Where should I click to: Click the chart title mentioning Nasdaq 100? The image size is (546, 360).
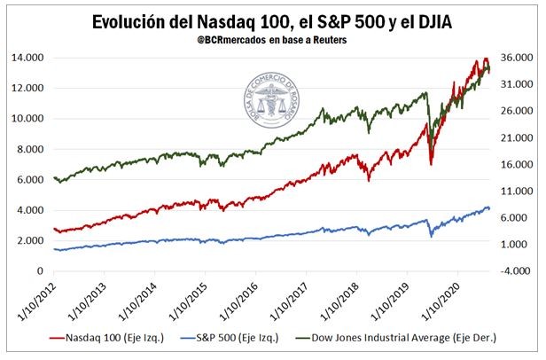click(273, 20)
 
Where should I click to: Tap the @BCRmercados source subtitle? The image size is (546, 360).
click(273, 41)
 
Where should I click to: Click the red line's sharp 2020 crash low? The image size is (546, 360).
click(431, 164)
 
